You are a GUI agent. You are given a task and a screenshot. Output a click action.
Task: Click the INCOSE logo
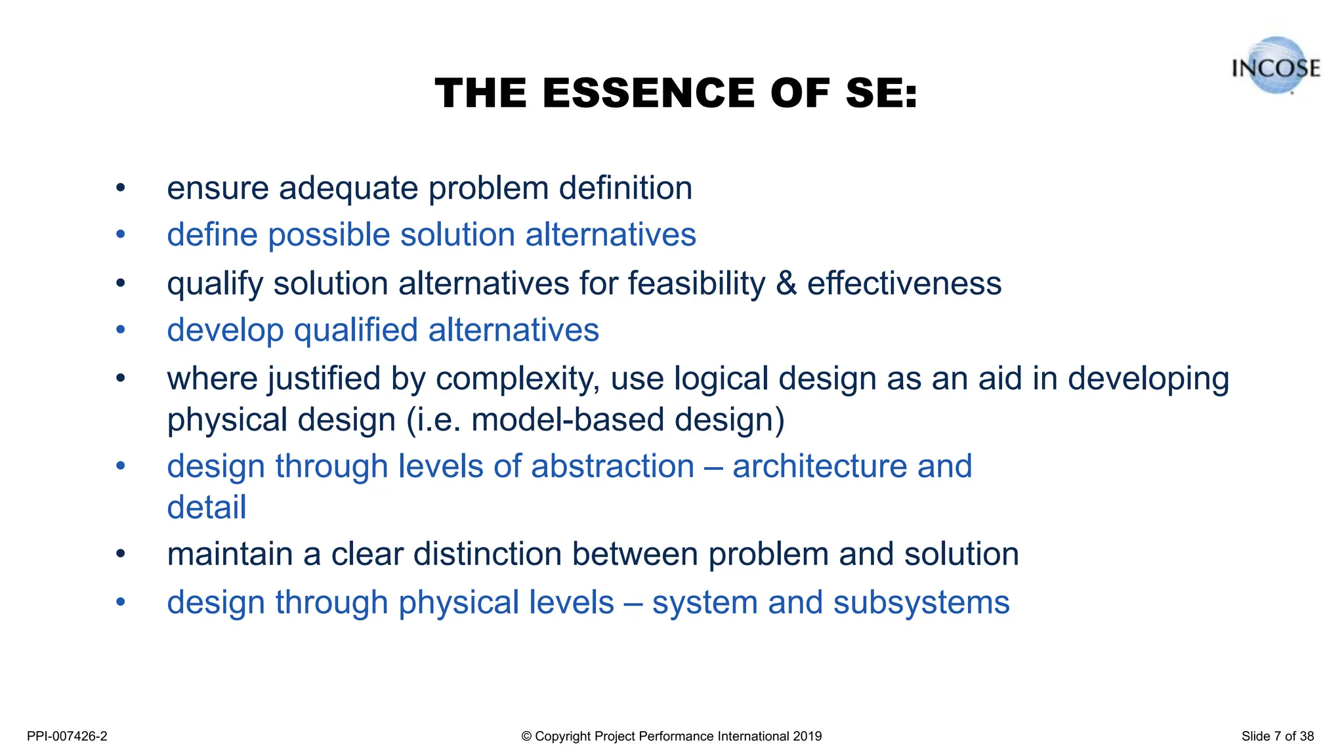1275,67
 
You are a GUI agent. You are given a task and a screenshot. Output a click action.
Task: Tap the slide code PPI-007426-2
67,736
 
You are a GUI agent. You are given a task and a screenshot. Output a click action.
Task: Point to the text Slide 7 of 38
1277,736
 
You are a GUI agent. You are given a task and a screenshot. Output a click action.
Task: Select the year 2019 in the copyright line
807,736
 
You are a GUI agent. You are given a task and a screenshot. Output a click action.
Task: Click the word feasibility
696,284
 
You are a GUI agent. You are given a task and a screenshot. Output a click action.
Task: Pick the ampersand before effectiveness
786,284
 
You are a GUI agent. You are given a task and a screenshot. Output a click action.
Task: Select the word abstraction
612,467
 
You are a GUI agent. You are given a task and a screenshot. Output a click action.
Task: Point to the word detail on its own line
207,508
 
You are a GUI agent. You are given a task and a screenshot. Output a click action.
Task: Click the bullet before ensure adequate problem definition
120,188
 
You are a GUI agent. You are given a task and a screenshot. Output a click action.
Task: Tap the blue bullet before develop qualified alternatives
120,330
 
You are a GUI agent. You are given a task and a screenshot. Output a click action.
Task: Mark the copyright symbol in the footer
526,736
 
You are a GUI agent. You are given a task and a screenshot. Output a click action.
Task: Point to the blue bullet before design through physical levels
120,602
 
